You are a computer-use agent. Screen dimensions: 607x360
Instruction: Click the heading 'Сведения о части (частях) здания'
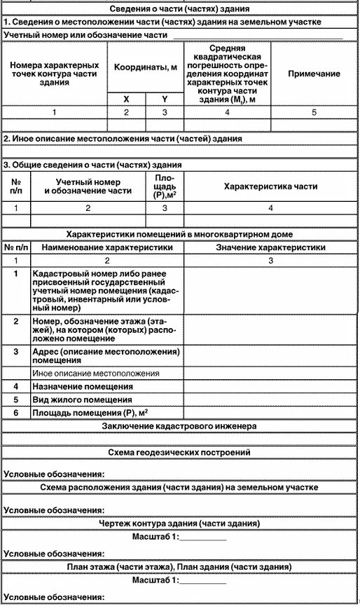[x=180, y=9]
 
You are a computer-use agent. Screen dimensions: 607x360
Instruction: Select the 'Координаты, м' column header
[x=145, y=67]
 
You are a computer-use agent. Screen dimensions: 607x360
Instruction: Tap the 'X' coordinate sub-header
[x=127, y=99]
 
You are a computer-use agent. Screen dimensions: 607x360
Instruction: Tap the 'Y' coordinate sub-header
[x=165, y=99]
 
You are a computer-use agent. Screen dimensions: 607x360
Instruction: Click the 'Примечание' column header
[x=314, y=73]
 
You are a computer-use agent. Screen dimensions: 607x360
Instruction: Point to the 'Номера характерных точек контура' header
[x=55, y=73]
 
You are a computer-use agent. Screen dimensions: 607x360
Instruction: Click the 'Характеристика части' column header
[x=270, y=187]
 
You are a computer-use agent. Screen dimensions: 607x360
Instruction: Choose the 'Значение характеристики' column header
[x=270, y=247]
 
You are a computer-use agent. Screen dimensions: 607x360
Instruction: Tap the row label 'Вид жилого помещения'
[x=83, y=399]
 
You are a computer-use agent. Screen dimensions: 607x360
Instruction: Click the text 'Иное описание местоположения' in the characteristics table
[x=96, y=373]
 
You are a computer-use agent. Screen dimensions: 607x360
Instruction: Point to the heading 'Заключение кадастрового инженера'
[x=180, y=425]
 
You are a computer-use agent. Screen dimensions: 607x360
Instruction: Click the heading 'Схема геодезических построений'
[x=180, y=453]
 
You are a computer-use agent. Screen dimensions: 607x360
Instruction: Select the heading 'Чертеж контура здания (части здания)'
[x=180, y=523]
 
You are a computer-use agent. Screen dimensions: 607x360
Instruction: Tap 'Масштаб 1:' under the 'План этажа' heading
[x=155, y=580]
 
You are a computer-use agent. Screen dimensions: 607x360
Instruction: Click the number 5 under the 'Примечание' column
[x=314, y=111]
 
